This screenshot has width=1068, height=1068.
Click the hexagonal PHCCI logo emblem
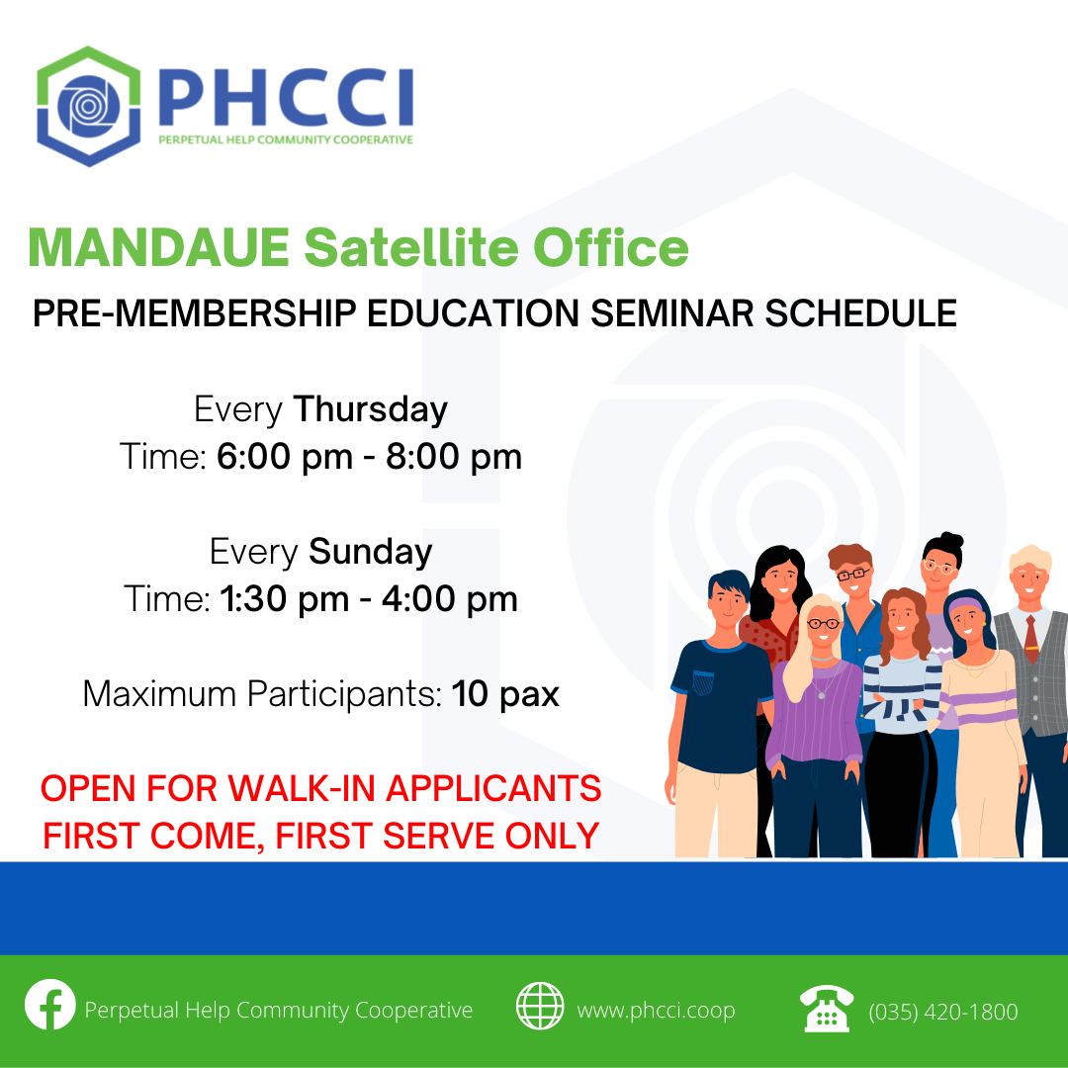pos(89,106)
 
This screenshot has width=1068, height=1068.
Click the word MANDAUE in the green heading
pos(158,247)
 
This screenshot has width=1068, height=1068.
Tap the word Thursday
pos(371,410)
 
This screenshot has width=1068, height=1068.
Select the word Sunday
pos(371,552)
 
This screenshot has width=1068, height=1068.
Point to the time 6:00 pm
pos(285,456)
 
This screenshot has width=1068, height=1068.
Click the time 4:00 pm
pos(450,599)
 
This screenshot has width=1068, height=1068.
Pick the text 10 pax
pos(504,695)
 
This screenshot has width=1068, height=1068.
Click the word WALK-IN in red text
pos(301,789)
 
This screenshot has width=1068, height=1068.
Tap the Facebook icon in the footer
pos(49,1004)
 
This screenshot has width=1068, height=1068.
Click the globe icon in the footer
pos(540,1006)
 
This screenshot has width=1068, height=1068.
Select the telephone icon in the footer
pos(826,1008)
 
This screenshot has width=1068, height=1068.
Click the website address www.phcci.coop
pos(656,1011)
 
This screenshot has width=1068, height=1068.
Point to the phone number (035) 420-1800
pos(942,1013)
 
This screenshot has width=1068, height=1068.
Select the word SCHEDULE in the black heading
pos(860,313)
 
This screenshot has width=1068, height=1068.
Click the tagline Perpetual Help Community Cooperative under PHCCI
pos(286,139)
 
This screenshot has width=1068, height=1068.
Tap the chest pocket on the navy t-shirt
pos(703,681)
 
